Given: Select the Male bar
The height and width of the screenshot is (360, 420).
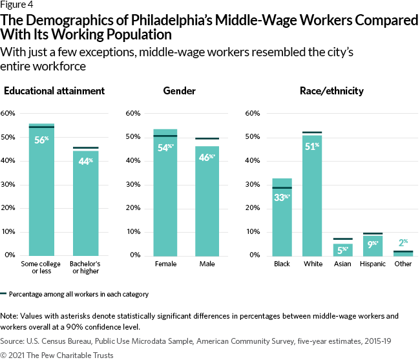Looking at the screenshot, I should point(207,207).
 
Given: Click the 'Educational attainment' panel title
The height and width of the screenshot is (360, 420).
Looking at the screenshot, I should point(54,91).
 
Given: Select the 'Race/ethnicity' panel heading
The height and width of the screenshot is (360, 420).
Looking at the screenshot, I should point(331,91).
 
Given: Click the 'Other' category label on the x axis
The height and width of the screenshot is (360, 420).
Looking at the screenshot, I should point(402,264).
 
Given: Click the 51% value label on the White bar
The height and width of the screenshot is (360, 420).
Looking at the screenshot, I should point(312,146).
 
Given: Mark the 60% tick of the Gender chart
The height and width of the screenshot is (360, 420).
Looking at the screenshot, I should point(131,114).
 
